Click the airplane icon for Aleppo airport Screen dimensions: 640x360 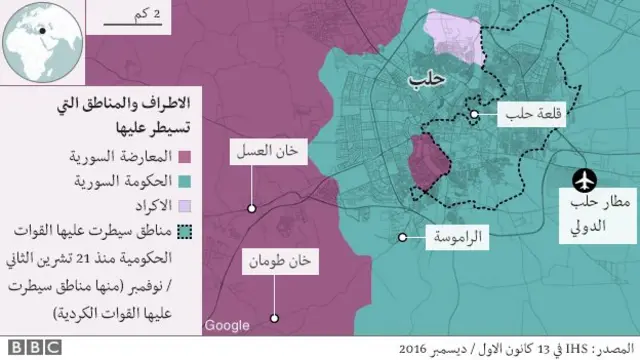click(x=583, y=180)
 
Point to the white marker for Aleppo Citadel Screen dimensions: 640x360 click(x=474, y=116)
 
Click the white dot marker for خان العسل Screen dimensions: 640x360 click(x=251, y=208)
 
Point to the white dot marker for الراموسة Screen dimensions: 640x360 click(x=402, y=237)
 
